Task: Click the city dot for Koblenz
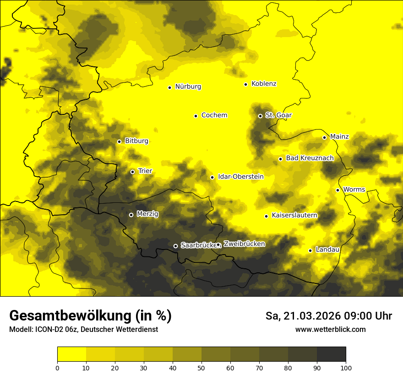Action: point(246,84)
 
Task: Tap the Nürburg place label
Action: point(188,87)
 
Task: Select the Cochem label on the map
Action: point(214,115)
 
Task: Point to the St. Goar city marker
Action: point(260,116)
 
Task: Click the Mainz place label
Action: point(339,137)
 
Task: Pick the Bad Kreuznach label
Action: point(310,158)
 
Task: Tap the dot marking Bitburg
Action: point(119,141)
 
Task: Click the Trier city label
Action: point(145,171)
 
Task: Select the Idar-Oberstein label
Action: point(241,177)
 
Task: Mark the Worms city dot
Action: point(338,190)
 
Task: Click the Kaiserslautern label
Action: point(294,215)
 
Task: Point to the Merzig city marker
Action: point(131,215)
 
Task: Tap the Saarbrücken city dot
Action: point(175,246)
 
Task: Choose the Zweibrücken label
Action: point(244,244)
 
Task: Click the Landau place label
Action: point(327,250)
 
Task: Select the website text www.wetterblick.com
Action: point(330,330)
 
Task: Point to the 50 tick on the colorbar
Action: point(201,367)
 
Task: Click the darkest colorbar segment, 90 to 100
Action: point(331,354)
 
